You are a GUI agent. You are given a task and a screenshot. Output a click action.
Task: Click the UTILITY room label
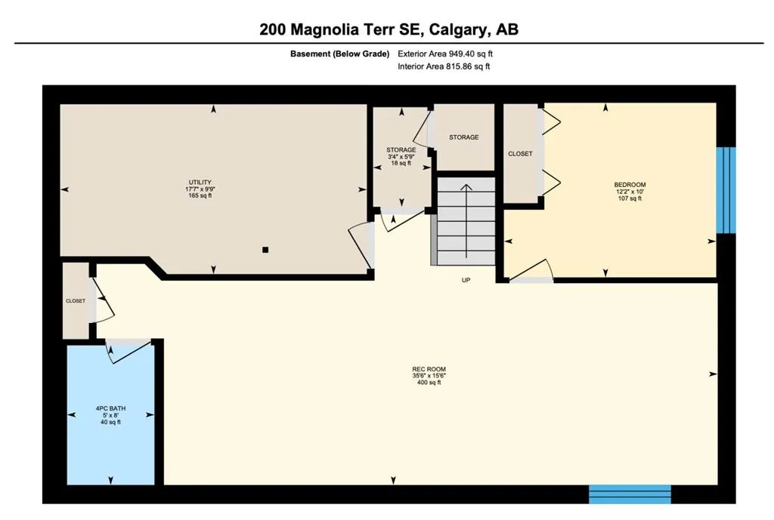point(200,183)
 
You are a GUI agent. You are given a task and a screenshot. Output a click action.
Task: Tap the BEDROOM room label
point(630,185)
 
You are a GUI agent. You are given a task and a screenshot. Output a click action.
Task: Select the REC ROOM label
point(429,369)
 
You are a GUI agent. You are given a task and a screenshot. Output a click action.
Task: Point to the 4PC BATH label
point(110,408)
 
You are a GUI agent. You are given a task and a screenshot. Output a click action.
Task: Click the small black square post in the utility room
point(265,250)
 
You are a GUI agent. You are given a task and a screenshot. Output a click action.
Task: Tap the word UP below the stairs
point(466,280)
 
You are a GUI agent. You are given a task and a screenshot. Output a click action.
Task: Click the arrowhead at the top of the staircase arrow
point(466,187)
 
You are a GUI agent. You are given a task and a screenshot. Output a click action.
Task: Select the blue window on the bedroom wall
point(726,190)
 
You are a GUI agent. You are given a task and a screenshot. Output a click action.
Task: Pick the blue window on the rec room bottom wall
point(630,494)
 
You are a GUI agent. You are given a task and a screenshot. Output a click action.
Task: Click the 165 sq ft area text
point(200,195)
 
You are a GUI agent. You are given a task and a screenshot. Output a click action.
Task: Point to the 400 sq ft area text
point(429,383)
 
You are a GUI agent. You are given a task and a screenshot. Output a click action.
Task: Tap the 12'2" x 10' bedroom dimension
point(630,192)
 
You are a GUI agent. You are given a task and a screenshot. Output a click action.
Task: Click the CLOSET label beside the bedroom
point(520,154)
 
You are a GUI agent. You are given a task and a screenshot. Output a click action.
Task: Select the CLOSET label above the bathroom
point(76,300)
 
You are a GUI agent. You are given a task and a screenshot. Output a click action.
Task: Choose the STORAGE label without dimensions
point(463,137)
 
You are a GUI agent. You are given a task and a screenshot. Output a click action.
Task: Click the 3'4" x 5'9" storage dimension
point(401,157)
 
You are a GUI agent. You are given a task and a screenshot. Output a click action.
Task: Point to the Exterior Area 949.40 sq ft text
point(445,54)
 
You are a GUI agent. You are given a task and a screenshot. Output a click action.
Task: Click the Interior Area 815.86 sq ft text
point(444,66)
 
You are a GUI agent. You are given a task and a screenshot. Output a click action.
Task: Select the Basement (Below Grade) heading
point(339,54)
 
